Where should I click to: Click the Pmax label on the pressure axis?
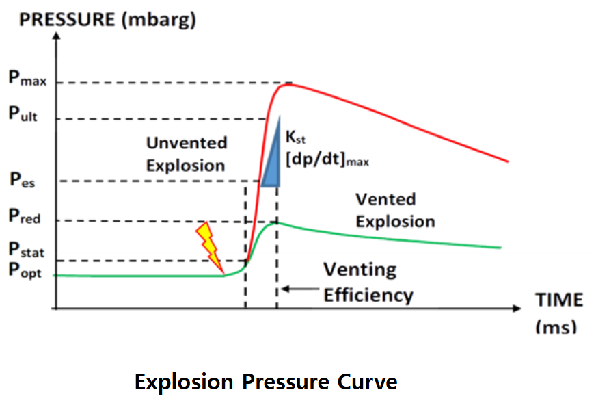(x=27, y=78)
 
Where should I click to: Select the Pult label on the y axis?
(x=23, y=114)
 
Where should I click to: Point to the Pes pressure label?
(x=23, y=181)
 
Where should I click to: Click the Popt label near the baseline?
(x=25, y=270)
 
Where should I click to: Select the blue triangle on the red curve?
(x=272, y=157)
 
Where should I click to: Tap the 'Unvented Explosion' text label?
(x=186, y=154)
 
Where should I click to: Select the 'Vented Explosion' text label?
(x=395, y=210)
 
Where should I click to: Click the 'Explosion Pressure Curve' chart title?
(x=265, y=380)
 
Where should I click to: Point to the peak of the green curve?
(x=276, y=222)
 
